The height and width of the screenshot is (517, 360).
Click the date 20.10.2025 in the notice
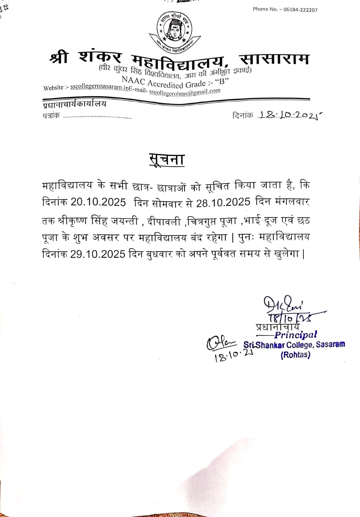(x=98, y=202)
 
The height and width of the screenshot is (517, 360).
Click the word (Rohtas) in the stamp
(x=295, y=355)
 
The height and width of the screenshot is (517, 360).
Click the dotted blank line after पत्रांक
(x=97, y=117)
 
